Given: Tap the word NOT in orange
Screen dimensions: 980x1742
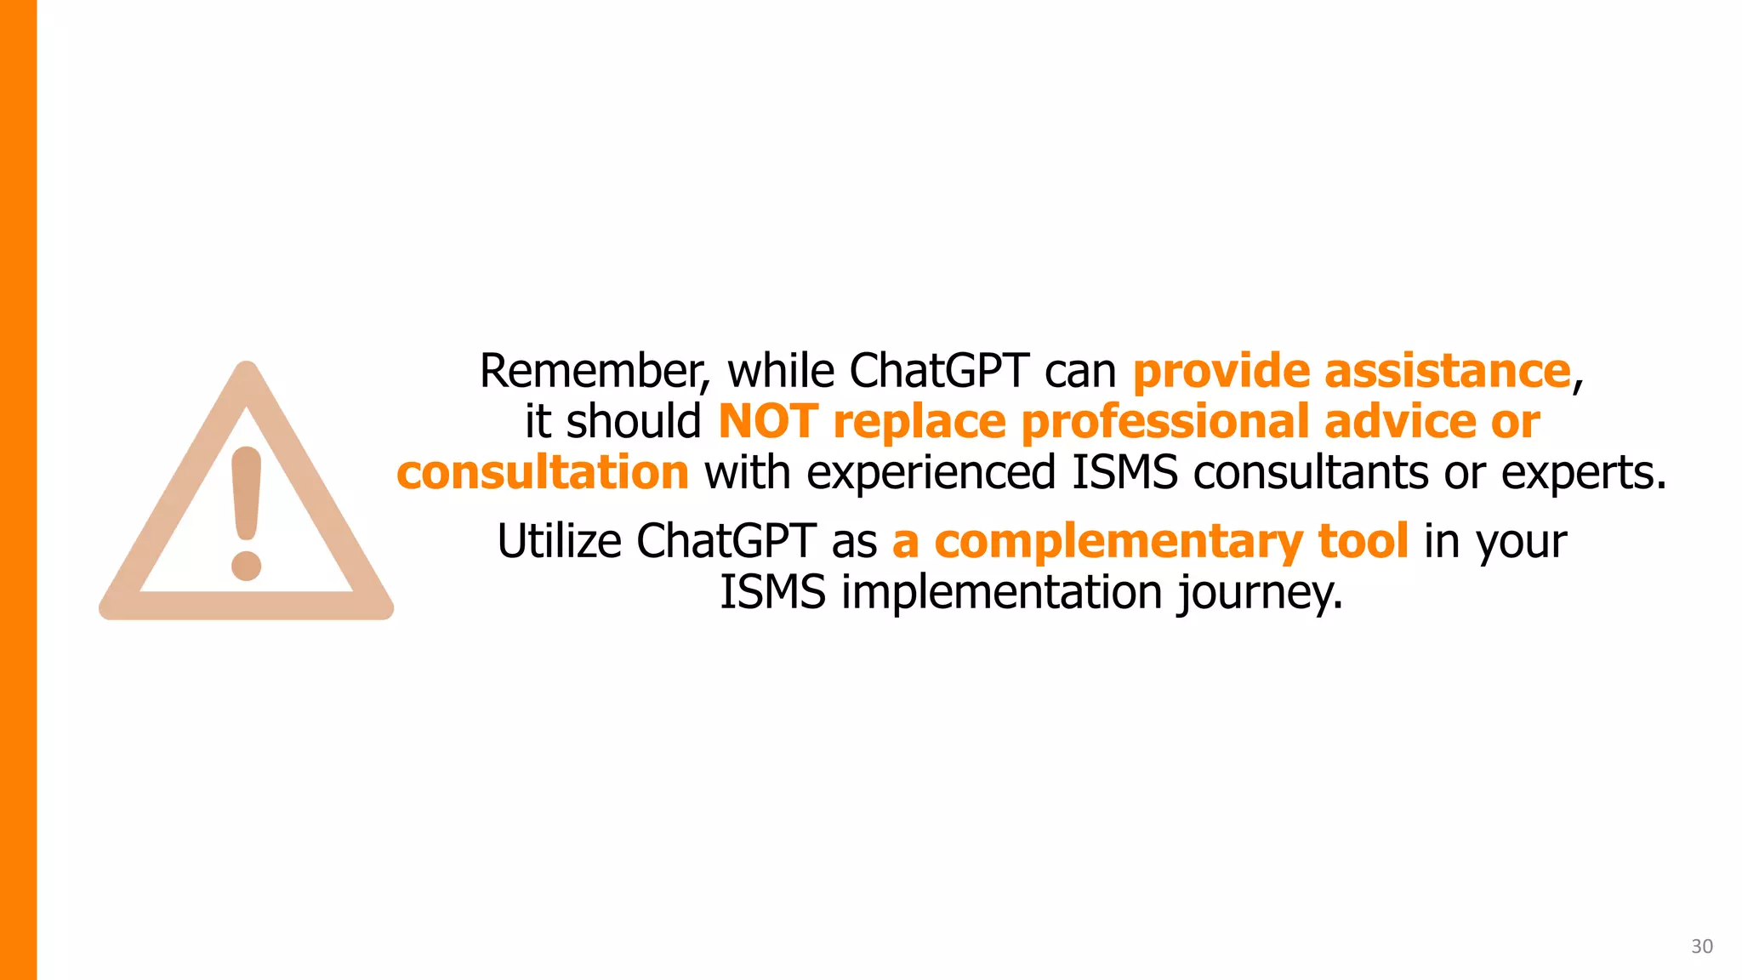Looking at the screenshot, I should coord(767,422).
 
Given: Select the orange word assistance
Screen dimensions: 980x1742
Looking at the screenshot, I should coord(1447,372).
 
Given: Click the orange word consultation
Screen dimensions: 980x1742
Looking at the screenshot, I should coord(542,473).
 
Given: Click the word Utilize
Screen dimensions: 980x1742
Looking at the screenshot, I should coord(559,541).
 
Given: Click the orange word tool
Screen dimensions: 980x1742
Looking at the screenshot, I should coord(1363,541).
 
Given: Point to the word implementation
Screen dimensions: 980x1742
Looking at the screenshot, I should coord(1001,592).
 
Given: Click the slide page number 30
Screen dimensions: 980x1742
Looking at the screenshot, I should coord(1701,946).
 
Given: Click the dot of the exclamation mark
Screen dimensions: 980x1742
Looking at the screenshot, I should coord(247,566).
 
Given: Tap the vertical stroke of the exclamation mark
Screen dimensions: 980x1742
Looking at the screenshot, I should coord(247,493).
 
